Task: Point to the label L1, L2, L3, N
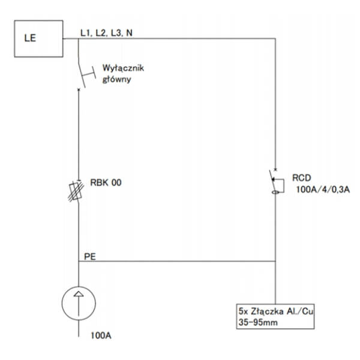107,33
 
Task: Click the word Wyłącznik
123,68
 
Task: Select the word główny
116,79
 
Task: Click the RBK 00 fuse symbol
76,191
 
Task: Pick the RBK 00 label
106,183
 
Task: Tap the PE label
90,256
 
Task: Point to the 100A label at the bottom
101,335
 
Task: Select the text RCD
301,178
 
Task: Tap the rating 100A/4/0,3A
323,190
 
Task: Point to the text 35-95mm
258,322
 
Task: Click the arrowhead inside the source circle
79,294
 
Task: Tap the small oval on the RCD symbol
275,193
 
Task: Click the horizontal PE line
177,261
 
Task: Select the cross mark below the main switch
79,89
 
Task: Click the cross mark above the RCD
275,170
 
